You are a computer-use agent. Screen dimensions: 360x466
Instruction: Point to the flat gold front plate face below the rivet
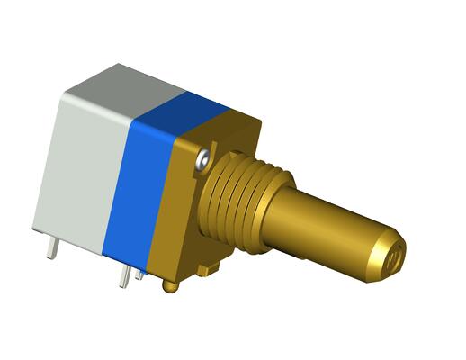[189, 225]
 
